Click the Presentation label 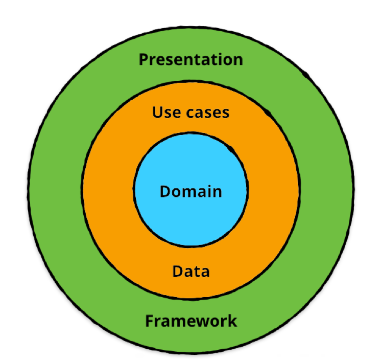point(191,59)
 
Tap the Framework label point(191,321)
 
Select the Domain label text point(191,191)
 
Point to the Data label point(191,271)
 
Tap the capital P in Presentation point(144,59)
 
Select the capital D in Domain point(165,191)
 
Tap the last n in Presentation point(238,60)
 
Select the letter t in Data point(196,271)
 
